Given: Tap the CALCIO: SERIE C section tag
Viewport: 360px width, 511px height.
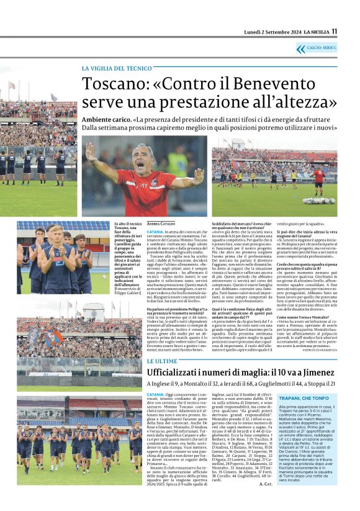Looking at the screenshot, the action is coord(321,47).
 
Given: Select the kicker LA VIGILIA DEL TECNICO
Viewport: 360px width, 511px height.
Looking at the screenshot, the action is coord(116,68).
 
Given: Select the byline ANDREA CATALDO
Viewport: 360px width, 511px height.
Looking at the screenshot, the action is coord(161,223).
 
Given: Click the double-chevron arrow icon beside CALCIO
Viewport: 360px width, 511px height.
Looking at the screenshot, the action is coord(301,48).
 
